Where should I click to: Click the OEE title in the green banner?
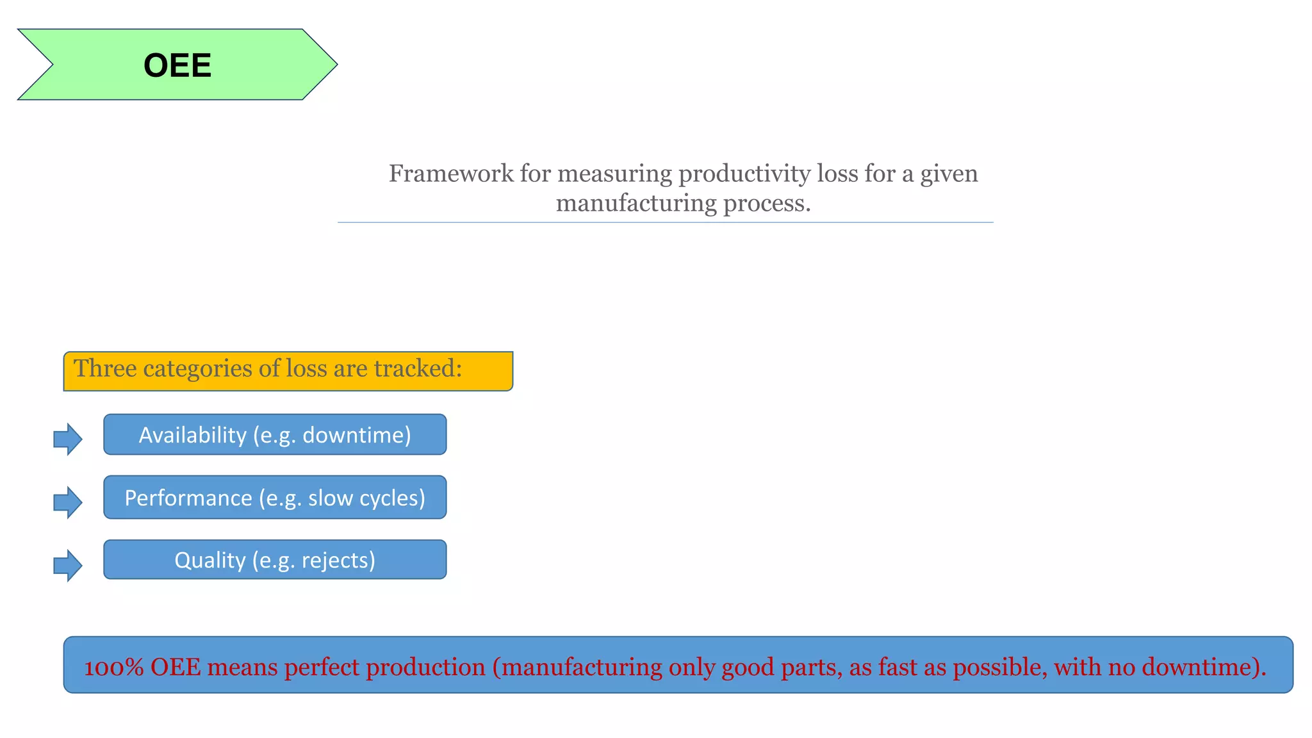click(x=177, y=65)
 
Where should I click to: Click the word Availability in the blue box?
click(x=192, y=435)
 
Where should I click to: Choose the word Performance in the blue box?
click(x=188, y=498)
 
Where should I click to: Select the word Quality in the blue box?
click(x=210, y=560)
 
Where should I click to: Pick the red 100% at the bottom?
click(x=114, y=668)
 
